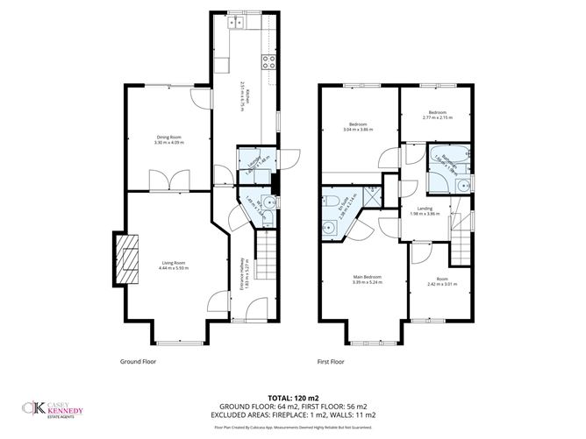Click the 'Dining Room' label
[168, 137]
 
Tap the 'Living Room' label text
[173, 263]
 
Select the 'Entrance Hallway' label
[242, 273]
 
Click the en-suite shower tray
[372, 195]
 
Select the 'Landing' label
[425, 209]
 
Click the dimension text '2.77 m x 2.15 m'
[439, 117]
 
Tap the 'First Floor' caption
[331, 361]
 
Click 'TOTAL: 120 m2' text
[292, 396]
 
